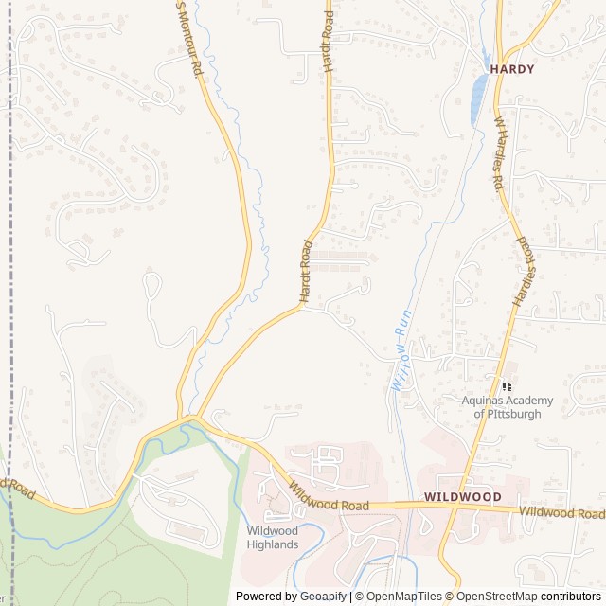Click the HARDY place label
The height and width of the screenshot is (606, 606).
[512, 69]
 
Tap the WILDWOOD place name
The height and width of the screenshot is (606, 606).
[463, 496]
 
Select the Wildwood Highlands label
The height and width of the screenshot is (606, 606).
[273, 537]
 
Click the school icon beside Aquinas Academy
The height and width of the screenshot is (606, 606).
[507, 386]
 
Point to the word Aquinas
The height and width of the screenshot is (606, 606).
[483, 401]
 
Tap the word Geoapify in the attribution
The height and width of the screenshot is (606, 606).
[323, 597]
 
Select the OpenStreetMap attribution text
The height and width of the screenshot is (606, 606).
[497, 597]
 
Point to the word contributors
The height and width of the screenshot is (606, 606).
[571, 597]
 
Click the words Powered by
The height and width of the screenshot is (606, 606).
[266, 597]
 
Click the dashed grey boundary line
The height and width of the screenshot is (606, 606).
[10, 284]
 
